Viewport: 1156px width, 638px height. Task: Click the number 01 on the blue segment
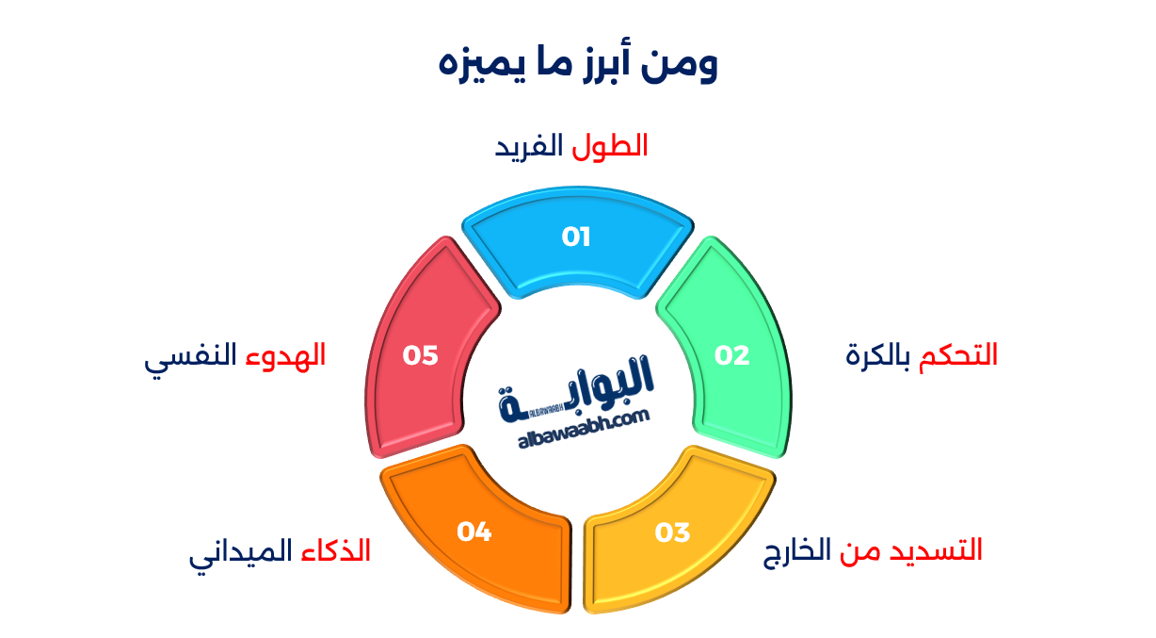(x=576, y=237)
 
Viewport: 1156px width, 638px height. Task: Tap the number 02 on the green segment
(x=731, y=355)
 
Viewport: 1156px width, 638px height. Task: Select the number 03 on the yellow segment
(x=672, y=532)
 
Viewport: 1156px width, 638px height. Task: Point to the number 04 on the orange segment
(x=474, y=532)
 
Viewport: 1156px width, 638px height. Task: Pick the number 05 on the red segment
(x=420, y=355)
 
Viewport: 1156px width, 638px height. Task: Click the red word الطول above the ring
(x=610, y=146)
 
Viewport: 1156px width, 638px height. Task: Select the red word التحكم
(x=957, y=355)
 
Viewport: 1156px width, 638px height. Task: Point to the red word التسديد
(x=936, y=549)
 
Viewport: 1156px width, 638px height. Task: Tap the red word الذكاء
(x=336, y=549)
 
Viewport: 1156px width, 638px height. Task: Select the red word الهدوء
(x=285, y=355)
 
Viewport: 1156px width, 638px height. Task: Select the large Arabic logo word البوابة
(x=576, y=387)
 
